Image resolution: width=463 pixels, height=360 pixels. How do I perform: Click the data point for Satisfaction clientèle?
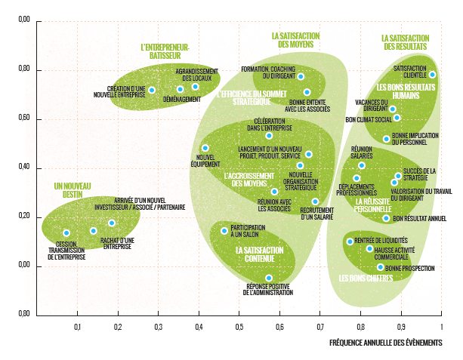432,75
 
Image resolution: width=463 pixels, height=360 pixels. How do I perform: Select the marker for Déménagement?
180,90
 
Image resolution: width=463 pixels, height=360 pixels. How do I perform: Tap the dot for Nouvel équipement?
205,148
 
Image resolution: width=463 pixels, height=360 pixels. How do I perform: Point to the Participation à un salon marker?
224,231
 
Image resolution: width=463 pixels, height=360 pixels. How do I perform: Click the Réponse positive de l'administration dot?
268,278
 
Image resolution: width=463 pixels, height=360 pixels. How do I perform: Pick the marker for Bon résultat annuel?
386,218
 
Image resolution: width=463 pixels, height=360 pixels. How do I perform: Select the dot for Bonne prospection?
380,267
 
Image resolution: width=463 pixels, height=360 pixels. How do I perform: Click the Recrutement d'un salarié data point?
315,202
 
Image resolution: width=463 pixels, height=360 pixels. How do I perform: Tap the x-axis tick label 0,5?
239,327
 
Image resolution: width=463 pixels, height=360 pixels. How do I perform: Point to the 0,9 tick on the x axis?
401,327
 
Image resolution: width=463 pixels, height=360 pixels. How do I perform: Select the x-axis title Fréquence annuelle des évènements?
385,342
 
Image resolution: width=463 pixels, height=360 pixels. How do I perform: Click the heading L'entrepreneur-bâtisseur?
165,50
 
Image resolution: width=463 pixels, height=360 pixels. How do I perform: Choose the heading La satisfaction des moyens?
295,40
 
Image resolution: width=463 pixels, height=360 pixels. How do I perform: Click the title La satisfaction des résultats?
406,42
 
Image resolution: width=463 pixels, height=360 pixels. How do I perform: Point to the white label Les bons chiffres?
366,279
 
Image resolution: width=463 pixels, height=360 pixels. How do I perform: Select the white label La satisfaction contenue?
259,254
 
